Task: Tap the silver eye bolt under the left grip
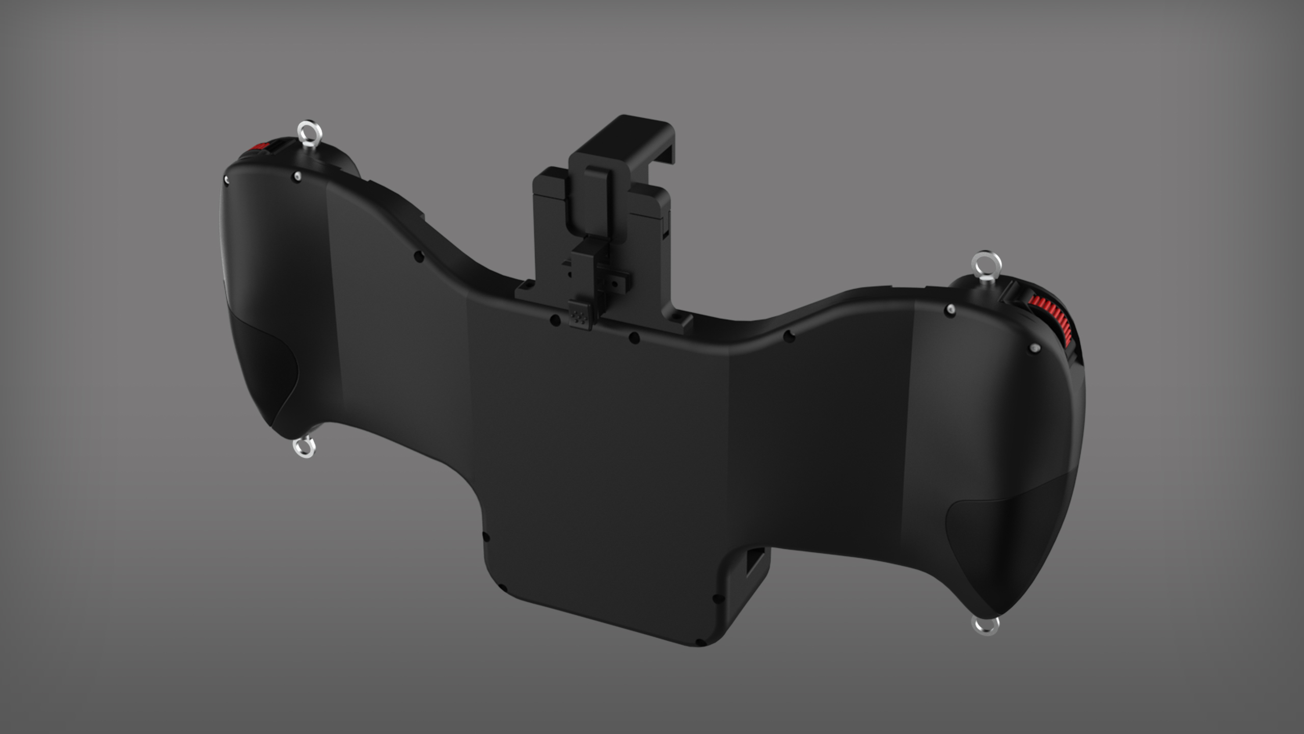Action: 305,448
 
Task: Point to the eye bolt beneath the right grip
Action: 986,625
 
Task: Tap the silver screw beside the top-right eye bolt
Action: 949,309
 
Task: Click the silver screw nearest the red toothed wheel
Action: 1035,349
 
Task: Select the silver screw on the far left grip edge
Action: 226,179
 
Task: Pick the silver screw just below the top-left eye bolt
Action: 297,177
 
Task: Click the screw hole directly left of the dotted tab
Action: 555,321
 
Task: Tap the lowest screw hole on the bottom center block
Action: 700,643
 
